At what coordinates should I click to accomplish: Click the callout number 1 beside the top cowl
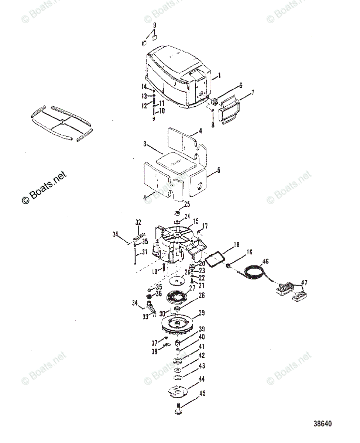click(219, 76)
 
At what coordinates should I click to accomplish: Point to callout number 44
click(202, 379)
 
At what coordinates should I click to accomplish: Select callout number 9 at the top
click(154, 25)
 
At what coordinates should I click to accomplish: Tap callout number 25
click(187, 204)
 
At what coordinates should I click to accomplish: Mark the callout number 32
click(138, 222)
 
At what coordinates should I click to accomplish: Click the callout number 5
click(218, 170)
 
